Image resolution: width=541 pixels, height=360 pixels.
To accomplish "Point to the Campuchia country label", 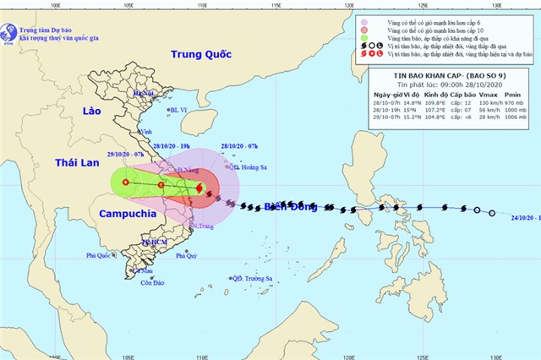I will pos(126,214).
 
